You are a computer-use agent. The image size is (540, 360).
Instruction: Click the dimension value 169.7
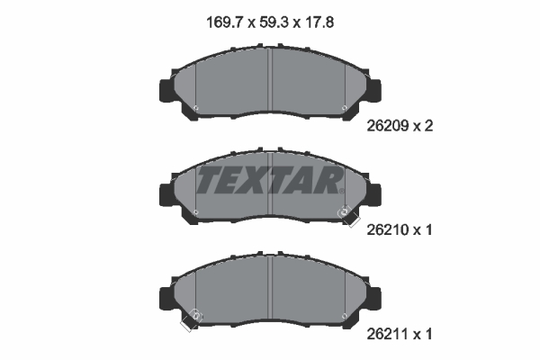[x=225, y=22]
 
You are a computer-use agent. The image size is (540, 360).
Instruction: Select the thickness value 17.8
[x=319, y=22]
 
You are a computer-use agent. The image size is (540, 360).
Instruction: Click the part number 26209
[x=387, y=126]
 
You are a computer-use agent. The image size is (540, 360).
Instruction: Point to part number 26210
[x=387, y=229]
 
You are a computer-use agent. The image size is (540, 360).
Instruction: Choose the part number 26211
[x=387, y=334]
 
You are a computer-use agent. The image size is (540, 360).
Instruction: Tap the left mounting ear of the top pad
[x=167, y=91]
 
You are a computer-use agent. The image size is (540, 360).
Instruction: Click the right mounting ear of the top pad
[x=374, y=91]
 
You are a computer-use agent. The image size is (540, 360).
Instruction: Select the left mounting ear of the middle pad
[x=167, y=195]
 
